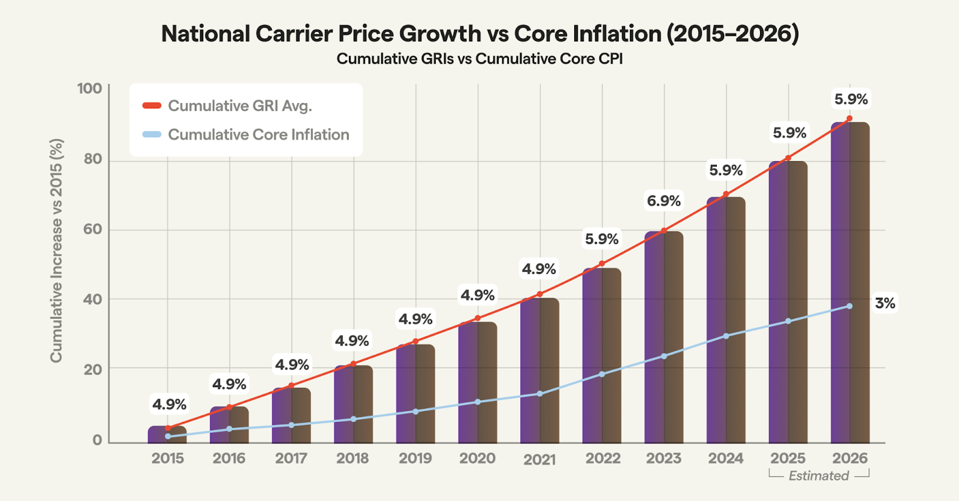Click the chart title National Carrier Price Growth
click(479, 34)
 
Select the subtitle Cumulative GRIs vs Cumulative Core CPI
click(479, 59)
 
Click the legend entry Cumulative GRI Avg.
click(240, 106)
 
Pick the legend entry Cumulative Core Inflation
click(258, 135)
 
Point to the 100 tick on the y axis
click(90, 89)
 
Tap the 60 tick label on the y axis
click(93, 230)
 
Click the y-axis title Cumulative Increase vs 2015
click(56, 251)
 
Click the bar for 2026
click(850, 282)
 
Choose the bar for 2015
click(167, 434)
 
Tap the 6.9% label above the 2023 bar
click(664, 201)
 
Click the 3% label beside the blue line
click(885, 303)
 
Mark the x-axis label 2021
click(539, 460)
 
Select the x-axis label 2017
click(291, 458)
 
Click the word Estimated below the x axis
click(819, 476)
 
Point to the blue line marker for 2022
click(602, 375)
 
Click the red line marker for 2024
click(726, 194)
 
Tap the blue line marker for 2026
click(849, 306)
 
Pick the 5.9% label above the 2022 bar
click(602, 239)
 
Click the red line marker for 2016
click(229, 408)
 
